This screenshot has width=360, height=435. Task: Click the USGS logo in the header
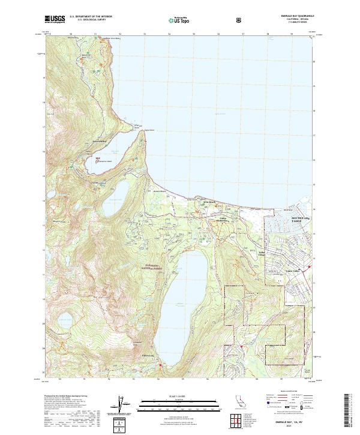click(x=55, y=20)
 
